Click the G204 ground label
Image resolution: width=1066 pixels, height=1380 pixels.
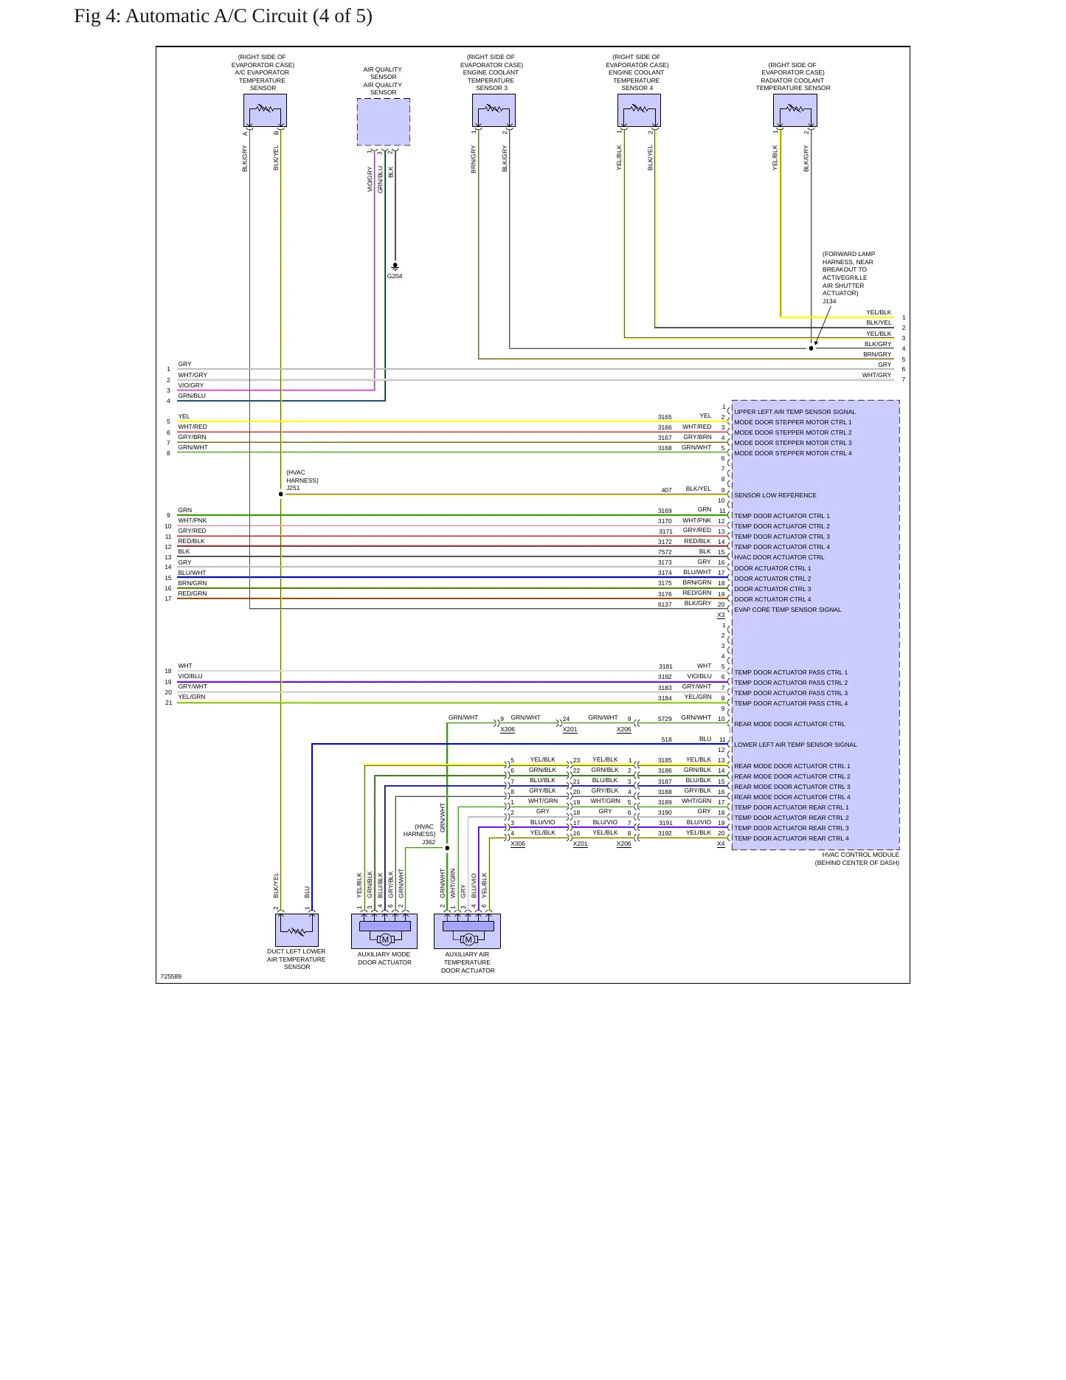pyautogui.click(x=395, y=276)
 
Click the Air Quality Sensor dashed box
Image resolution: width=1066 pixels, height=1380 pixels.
pyautogui.click(x=384, y=122)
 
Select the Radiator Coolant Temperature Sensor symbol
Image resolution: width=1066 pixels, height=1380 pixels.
pyautogui.click(x=795, y=111)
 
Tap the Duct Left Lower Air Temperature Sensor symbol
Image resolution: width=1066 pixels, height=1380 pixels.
pyautogui.click(x=297, y=930)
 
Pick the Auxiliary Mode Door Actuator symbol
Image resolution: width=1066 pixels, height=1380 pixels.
pyautogui.click(x=384, y=931)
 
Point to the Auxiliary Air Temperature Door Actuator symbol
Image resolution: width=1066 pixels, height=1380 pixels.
pyautogui.click(x=468, y=931)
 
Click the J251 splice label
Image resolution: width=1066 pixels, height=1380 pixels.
pyautogui.click(x=293, y=488)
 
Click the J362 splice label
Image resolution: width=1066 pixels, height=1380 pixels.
pyautogui.click(x=429, y=842)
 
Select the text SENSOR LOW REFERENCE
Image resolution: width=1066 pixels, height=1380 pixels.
pyautogui.click(x=775, y=495)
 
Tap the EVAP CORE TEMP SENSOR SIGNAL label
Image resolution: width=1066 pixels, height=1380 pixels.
pyautogui.click(x=788, y=610)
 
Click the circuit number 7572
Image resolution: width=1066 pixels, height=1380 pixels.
pyautogui.click(x=665, y=552)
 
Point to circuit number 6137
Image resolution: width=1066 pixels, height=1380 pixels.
pyautogui.click(x=665, y=604)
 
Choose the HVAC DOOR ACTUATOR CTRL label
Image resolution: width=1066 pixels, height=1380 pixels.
pyautogui.click(x=779, y=557)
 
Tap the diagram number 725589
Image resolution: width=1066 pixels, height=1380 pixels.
pyautogui.click(x=171, y=976)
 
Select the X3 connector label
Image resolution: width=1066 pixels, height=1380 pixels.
pyautogui.click(x=721, y=615)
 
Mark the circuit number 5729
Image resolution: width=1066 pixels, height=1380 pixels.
pyautogui.click(x=665, y=718)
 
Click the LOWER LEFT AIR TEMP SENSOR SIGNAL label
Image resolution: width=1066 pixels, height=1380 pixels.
pyautogui.click(x=795, y=745)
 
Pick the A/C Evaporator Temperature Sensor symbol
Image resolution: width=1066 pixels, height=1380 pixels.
pyautogui.click(x=265, y=111)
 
